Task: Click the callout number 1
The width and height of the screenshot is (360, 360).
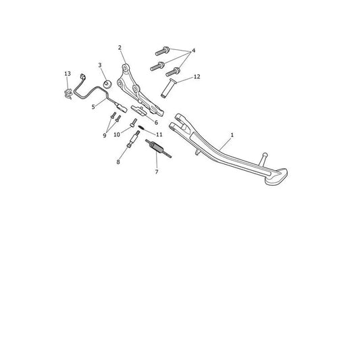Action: click(232, 135)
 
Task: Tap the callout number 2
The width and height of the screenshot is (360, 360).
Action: click(120, 48)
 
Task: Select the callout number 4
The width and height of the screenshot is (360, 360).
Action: click(193, 51)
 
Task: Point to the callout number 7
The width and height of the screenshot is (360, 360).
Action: click(157, 172)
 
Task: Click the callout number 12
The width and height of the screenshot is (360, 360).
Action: click(197, 77)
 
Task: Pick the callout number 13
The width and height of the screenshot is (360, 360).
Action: click(68, 74)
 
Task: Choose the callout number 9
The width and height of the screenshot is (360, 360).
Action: click(105, 136)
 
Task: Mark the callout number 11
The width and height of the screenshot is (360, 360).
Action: click(159, 134)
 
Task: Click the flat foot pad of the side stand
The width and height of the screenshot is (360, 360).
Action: click(276, 177)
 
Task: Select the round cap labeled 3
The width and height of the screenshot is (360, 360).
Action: click(107, 84)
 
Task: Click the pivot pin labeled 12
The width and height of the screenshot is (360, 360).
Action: click(168, 88)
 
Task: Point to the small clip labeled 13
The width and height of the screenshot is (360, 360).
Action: click(68, 94)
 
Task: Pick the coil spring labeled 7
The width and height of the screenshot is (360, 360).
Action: click(158, 149)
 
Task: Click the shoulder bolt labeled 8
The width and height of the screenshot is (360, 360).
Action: click(133, 139)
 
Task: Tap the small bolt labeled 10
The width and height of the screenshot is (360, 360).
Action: click(133, 123)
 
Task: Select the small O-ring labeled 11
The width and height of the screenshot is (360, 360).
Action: click(140, 127)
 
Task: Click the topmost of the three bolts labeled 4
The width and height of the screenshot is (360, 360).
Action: click(162, 51)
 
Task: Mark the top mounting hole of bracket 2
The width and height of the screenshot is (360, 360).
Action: click(125, 68)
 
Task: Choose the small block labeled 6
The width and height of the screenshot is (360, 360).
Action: click(138, 110)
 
